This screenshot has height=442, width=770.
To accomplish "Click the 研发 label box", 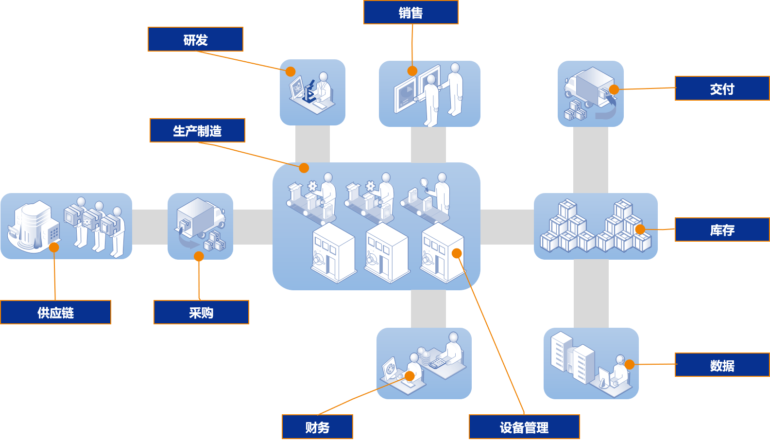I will click(195, 39).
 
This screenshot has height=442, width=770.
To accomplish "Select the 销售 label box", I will click(411, 13).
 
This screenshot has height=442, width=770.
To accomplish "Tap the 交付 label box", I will click(722, 88).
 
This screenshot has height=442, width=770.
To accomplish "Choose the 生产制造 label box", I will click(197, 131).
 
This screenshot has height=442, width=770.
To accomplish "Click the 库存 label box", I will click(722, 230).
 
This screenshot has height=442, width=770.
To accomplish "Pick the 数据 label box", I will click(722, 365).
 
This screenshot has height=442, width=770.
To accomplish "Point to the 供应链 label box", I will click(55, 312).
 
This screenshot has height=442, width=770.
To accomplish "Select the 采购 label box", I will click(201, 312).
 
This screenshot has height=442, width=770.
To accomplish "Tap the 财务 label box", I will click(317, 427).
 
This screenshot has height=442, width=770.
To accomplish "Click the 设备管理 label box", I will click(524, 427).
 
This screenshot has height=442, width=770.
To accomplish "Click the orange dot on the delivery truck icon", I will click(614, 89).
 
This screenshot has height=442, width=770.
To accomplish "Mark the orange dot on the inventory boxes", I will click(640, 230).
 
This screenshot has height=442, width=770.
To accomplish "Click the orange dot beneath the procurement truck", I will click(199, 257).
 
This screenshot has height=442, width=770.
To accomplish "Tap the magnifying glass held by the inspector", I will click(423, 183).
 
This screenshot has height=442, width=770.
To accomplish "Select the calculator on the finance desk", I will click(437, 363).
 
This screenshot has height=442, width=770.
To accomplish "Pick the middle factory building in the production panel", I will click(387, 253).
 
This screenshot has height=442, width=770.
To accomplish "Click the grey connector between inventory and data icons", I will click(591, 293).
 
